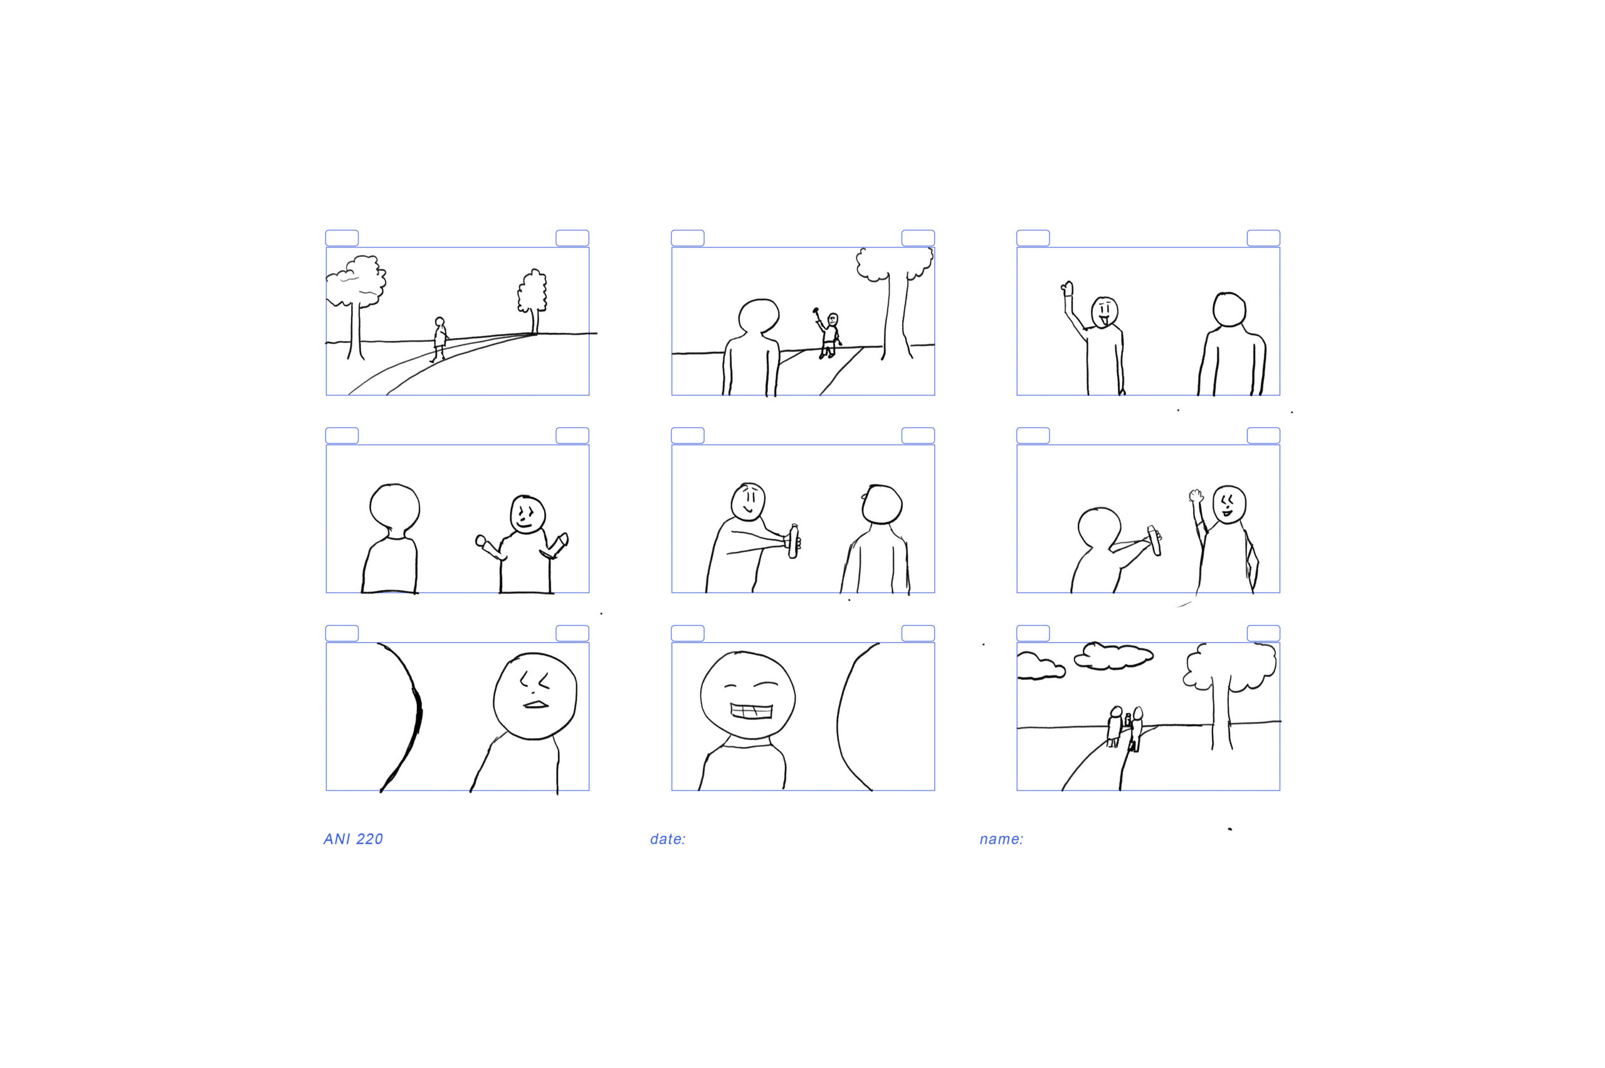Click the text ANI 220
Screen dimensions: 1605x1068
353,839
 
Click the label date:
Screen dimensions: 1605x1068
667,839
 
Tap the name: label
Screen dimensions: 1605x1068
1001,839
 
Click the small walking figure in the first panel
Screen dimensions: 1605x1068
439,339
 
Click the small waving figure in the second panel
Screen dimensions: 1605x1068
828,334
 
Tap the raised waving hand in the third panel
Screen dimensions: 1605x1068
1067,288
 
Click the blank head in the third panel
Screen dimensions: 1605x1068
1228,310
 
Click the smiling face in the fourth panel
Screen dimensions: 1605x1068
528,515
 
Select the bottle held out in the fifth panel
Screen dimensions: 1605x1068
793,541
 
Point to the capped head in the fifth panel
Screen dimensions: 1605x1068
882,504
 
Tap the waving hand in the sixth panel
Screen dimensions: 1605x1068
1196,497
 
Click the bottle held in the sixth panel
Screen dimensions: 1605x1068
1154,540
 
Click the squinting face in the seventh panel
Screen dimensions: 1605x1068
535,696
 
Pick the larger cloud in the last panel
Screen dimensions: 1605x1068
1113,655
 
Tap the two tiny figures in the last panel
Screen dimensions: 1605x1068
1124,728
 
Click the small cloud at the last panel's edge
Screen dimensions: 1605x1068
1041,665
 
